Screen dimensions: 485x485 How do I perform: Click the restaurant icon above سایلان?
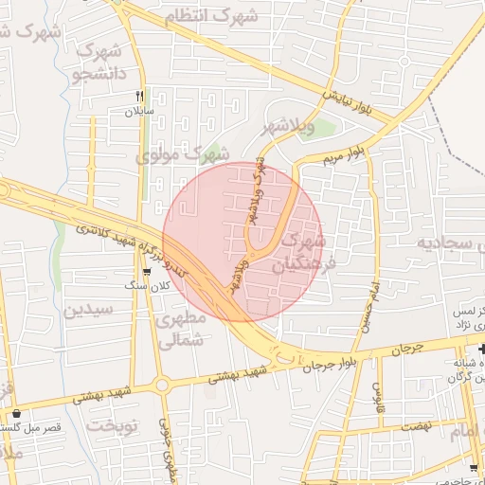(x=139, y=96)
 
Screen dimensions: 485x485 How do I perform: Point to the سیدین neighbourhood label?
(x=88, y=309)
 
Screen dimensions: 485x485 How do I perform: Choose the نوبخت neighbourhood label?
(x=113, y=425)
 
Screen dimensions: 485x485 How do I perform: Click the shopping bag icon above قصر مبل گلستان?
(x=18, y=413)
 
